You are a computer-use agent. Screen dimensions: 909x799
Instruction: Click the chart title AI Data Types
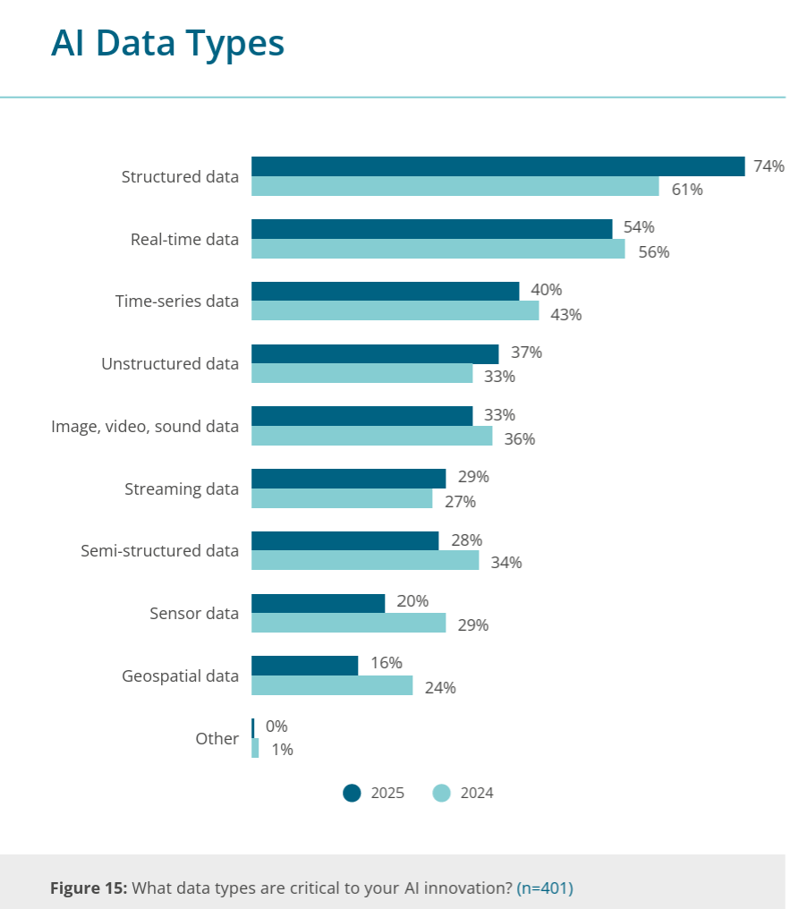pos(167,42)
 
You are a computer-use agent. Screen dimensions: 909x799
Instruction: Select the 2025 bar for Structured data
pos(497,166)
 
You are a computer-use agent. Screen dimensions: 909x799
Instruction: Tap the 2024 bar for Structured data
pos(455,187)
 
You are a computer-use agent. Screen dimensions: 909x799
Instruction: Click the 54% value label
pos(639,227)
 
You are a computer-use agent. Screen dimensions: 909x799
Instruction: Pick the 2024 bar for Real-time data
pos(438,249)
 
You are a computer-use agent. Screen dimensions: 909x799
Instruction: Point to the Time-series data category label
pos(177,301)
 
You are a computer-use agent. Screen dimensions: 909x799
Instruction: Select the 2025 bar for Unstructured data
pos(374,353)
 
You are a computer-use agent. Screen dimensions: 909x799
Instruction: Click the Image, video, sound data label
pos(145,426)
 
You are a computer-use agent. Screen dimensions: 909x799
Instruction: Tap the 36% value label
pos(519,439)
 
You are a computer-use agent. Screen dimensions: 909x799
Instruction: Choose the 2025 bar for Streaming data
pos(348,478)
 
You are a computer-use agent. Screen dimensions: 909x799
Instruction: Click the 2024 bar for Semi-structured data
pos(364,561)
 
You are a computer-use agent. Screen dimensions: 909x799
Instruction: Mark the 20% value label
pos(412,601)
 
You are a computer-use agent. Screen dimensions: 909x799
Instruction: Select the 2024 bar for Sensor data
pos(348,624)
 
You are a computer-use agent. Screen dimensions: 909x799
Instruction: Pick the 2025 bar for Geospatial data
pos(304,665)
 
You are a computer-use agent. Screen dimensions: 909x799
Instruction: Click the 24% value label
pos(440,687)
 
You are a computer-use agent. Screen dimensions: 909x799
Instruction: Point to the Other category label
pos(217,738)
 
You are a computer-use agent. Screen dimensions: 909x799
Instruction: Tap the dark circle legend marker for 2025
pos(353,793)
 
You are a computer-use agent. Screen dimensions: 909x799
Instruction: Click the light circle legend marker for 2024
pos(442,793)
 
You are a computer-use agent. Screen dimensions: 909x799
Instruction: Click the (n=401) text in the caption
pos(545,888)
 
